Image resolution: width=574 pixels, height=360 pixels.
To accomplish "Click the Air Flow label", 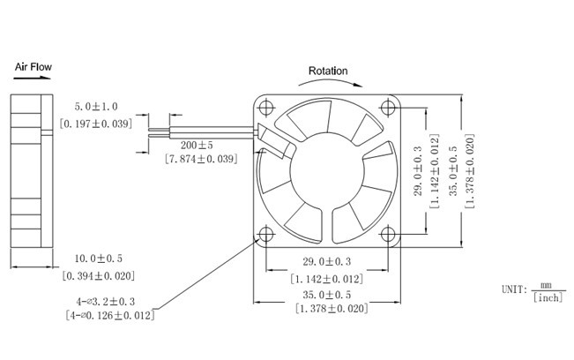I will coord(34,66).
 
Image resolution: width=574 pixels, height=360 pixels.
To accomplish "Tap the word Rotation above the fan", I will coord(327,71).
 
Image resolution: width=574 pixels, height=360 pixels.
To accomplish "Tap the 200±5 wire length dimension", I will coord(196,145).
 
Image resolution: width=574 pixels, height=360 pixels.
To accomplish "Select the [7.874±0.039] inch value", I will coord(201,159).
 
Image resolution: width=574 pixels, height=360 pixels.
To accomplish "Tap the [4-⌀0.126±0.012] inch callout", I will coord(110,315).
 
